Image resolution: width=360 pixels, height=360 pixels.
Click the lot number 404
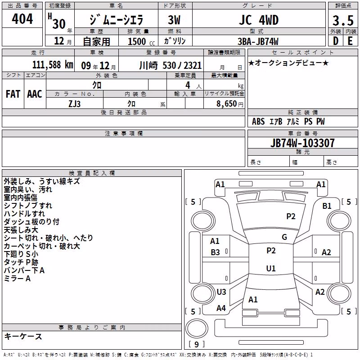pos(22,18)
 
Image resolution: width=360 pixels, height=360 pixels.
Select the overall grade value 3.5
pos(343,20)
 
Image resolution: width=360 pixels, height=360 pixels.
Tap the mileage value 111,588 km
pos(53,65)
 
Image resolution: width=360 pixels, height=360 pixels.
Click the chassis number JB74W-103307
pos(302,143)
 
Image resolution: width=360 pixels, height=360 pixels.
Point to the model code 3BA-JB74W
pos(258,41)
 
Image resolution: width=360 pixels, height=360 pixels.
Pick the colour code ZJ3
pos(74,104)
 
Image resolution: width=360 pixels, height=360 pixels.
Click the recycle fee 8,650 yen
pos(230,103)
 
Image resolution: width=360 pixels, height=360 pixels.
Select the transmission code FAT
pos(13,94)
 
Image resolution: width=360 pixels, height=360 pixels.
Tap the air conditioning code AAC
pos(35,94)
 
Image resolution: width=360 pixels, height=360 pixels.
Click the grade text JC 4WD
pos(259,20)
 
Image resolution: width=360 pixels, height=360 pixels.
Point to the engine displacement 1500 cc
pos(141,41)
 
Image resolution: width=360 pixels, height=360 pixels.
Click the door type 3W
pos(174,20)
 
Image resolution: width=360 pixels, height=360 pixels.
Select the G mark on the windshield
pos(284,237)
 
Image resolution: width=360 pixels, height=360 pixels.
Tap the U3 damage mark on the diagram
pos(221,292)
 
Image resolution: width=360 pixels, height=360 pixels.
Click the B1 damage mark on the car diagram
pos(327,206)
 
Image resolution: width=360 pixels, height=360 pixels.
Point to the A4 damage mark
pos(221,308)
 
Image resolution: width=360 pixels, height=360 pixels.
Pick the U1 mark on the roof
pos(271,268)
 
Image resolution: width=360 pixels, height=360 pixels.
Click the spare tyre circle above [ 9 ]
pos(197,328)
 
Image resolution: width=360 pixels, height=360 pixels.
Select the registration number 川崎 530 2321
pos(171,66)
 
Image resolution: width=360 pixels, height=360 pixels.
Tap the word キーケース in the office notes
pos(23,336)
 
